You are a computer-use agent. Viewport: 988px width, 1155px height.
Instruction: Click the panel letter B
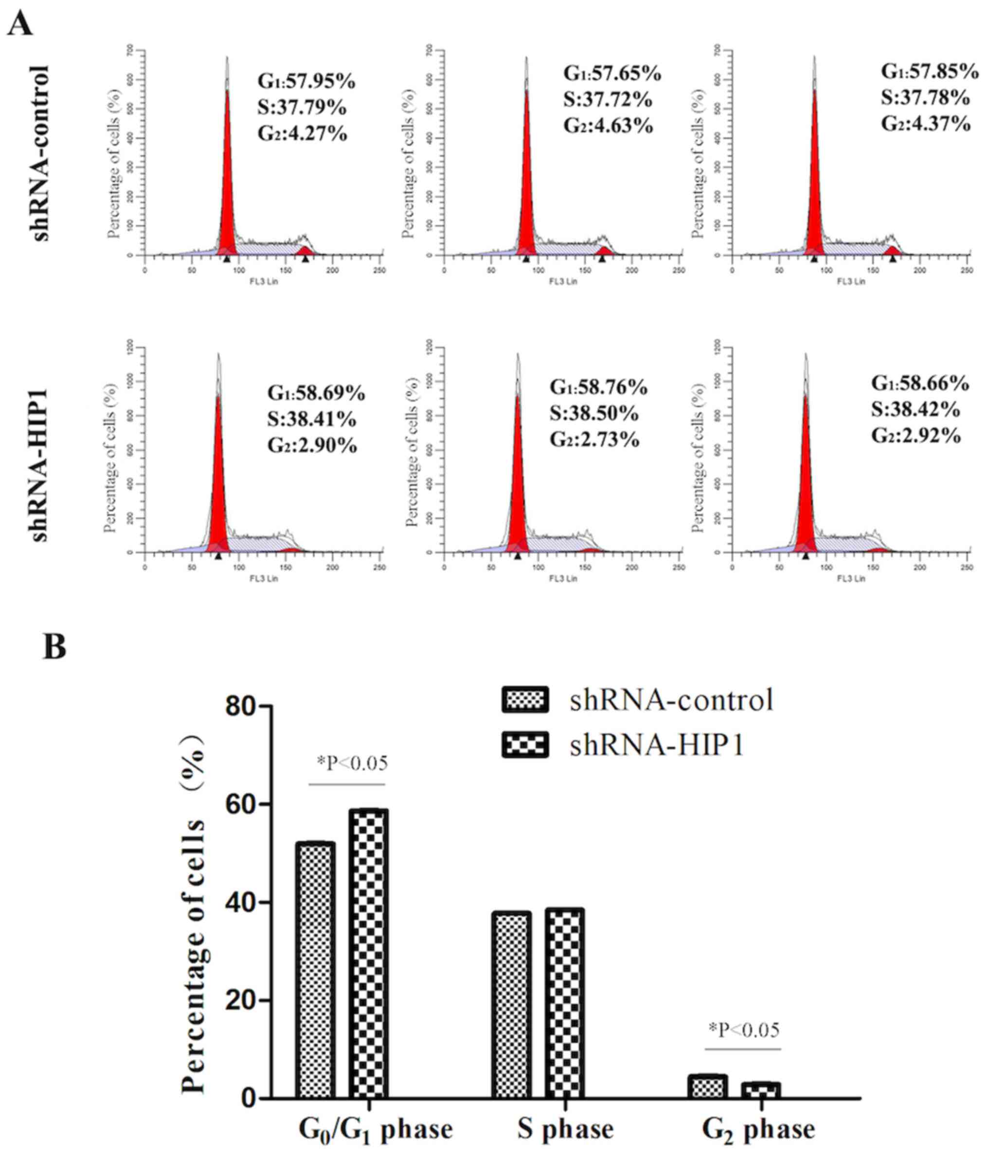(x=54, y=648)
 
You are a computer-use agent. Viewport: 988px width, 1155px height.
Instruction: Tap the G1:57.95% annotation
(x=306, y=82)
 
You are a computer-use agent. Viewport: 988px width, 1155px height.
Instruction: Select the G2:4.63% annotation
(x=608, y=126)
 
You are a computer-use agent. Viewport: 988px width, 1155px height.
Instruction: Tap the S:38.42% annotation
(x=916, y=410)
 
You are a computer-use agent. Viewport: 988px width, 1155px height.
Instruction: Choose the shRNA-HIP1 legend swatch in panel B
(x=525, y=745)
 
